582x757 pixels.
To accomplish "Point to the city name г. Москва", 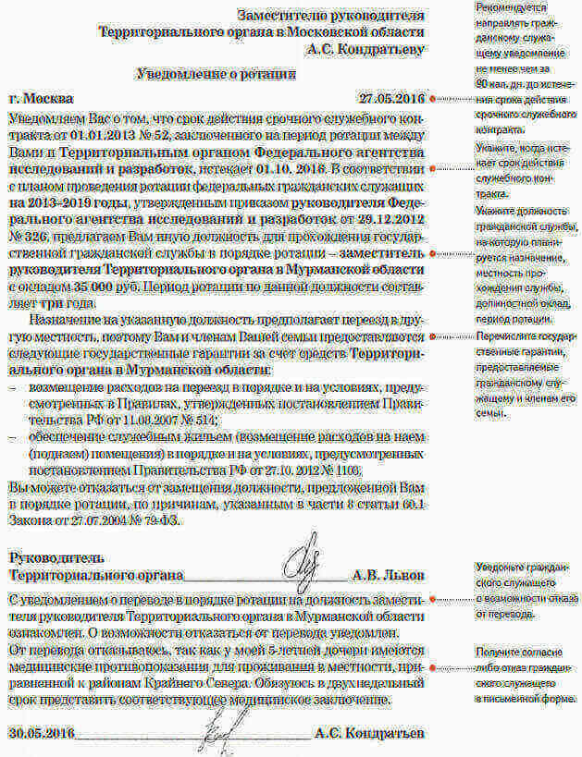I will tap(40, 98).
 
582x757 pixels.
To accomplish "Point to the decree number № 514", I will tap(191, 418).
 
